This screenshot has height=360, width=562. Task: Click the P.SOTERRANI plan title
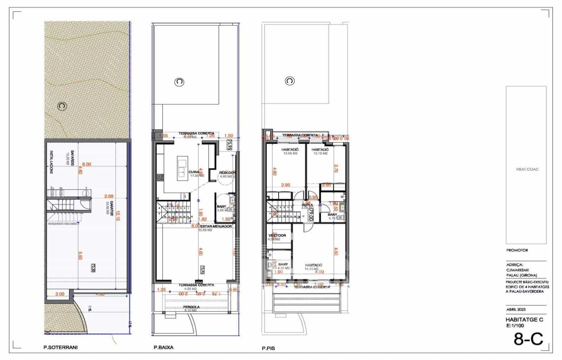[x=60, y=347]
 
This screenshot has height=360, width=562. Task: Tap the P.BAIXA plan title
[x=163, y=347]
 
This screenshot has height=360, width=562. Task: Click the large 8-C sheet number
[x=528, y=339]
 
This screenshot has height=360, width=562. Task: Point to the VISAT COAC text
[x=527, y=169]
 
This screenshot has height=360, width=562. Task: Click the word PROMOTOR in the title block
[x=517, y=250]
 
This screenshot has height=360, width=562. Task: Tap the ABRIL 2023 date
[x=516, y=310]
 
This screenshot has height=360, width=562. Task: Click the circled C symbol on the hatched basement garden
[x=62, y=106]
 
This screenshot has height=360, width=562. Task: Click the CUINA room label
[x=194, y=172]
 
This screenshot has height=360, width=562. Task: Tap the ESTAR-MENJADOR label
[x=215, y=226]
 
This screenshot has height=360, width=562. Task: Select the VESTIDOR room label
[x=277, y=235]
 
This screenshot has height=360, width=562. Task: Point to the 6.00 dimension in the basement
[x=86, y=164]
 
